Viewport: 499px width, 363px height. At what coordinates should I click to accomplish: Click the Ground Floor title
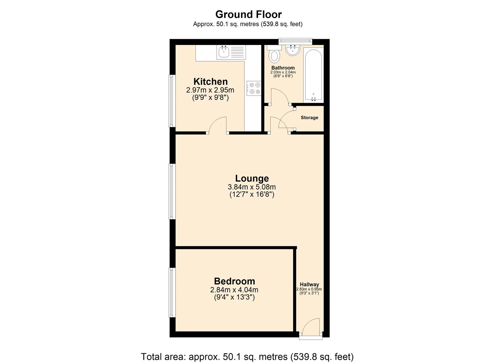coord(248,14)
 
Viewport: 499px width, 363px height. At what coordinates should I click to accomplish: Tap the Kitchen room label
coord(210,82)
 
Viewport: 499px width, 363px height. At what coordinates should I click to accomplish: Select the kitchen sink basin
coord(223,52)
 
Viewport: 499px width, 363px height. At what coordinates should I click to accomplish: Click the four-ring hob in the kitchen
coord(254,88)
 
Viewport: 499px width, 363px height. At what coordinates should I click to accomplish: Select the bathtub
coord(313,75)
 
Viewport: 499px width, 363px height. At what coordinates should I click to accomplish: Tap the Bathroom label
coord(283,68)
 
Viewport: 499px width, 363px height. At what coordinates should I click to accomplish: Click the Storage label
coord(309,118)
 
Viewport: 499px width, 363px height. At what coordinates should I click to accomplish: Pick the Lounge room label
coord(252,178)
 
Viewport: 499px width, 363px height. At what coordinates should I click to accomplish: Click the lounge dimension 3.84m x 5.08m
coord(252,187)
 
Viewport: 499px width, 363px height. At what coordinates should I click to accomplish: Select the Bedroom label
coord(235,281)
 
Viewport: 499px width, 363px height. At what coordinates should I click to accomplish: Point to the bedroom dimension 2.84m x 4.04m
coord(234,290)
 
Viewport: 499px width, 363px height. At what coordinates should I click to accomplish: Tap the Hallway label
coord(309,284)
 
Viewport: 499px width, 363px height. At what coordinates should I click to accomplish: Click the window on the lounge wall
coord(172,191)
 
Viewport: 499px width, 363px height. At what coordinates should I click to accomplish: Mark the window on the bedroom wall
coord(172,292)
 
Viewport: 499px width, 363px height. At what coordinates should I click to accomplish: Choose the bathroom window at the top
coord(295,41)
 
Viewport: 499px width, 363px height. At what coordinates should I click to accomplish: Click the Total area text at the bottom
coord(247,357)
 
